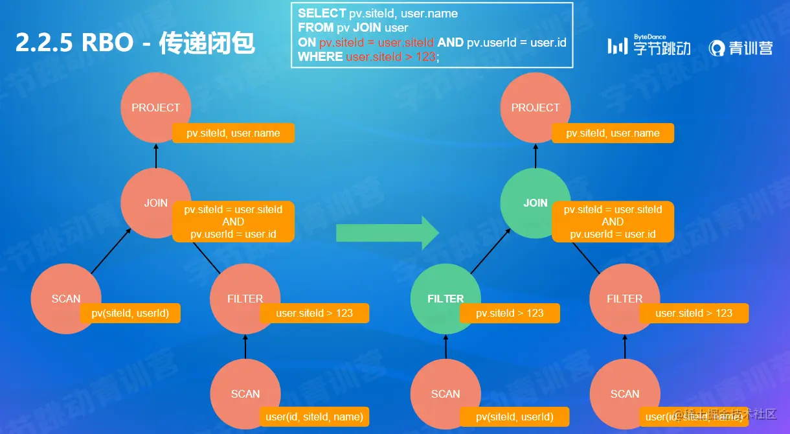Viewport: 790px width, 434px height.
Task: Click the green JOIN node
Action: coord(535,203)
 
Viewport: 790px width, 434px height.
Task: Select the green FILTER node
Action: coord(446,299)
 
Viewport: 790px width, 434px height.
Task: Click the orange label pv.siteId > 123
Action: coord(510,314)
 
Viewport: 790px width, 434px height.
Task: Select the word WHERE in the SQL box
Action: coord(320,57)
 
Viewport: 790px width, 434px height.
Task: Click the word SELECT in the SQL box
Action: coord(322,14)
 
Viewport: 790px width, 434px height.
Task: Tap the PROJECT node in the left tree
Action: coord(155,108)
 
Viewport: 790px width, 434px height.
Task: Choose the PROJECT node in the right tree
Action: coord(535,108)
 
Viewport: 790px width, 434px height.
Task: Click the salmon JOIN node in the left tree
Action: coord(155,203)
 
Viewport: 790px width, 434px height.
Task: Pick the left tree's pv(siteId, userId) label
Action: coord(130,314)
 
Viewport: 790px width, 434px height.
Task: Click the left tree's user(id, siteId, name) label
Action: coord(314,417)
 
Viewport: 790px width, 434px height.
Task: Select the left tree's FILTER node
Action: coord(245,299)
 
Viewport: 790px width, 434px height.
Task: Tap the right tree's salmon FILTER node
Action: coord(624,299)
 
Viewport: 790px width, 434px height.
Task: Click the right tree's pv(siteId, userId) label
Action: coord(515,417)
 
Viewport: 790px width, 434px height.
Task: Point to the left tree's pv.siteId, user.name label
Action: coord(233,133)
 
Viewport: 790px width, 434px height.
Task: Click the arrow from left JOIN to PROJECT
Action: coord(155,155)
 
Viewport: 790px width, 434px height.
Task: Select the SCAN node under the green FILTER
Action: coord(446,394)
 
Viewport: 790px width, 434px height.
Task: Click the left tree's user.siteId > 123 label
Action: coord(314,314)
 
